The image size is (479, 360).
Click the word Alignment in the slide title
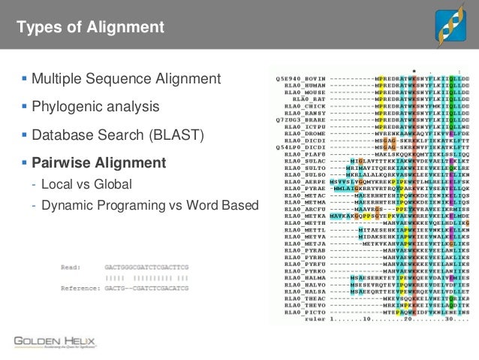(126, 29)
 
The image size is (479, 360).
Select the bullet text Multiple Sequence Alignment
(125, 79)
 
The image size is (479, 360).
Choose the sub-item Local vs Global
(86, 184)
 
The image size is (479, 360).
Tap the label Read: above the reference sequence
(71, 266)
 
